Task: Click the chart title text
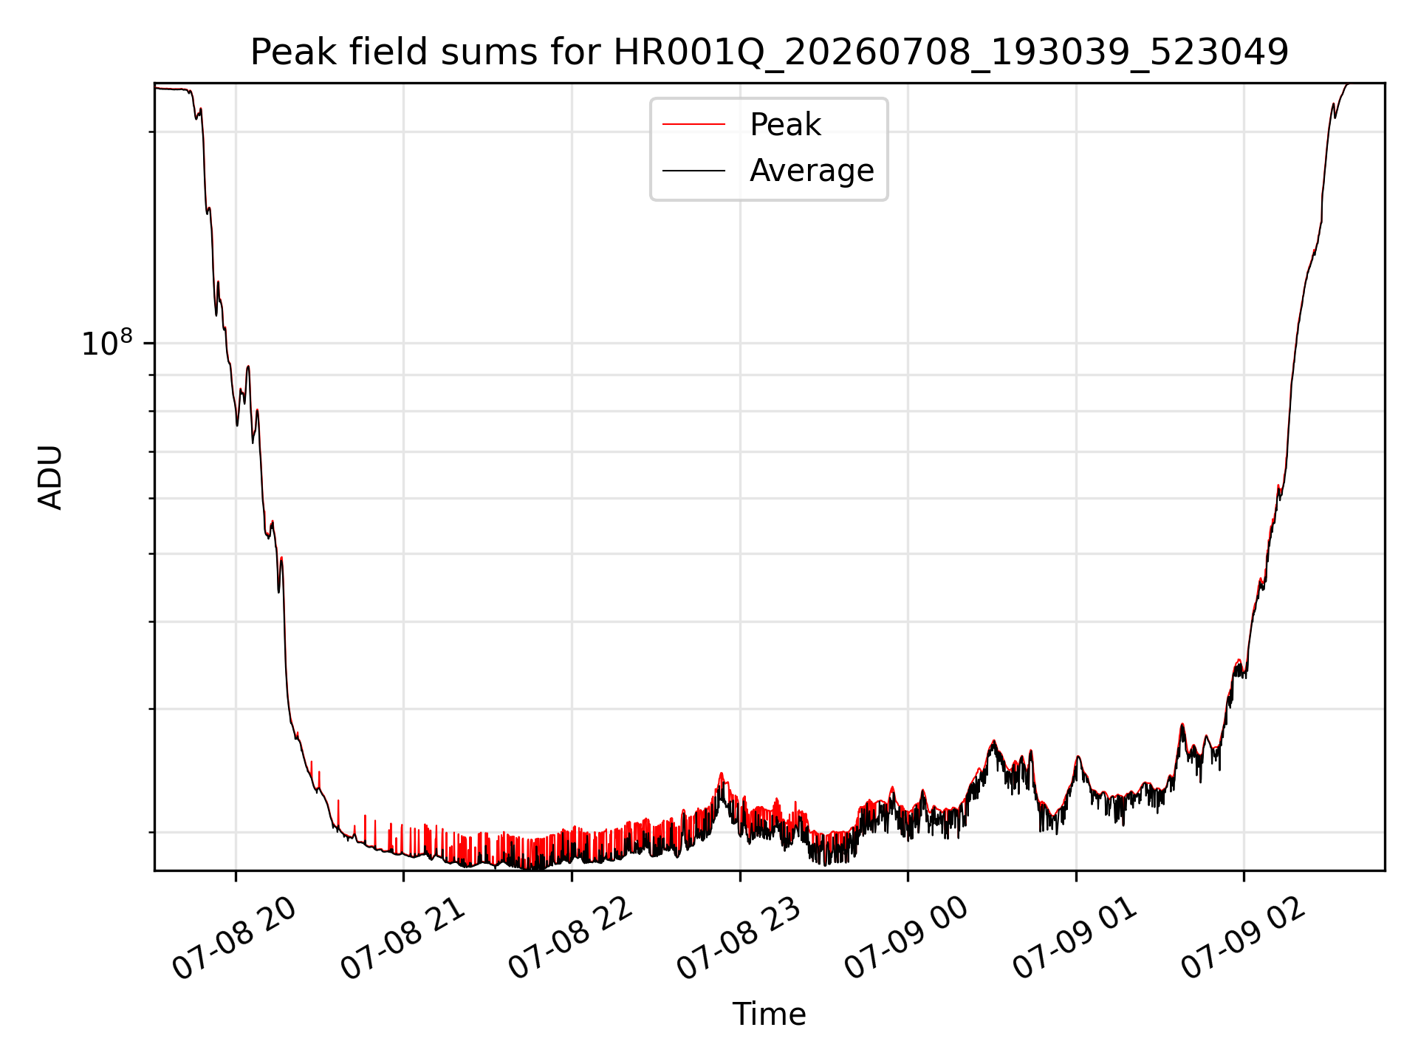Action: [x=770, y=52]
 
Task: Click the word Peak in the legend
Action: [x=785, y=125]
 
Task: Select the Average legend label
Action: [x=812, y=171]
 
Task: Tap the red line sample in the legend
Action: [x=693, y=125]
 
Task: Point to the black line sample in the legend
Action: [x=693, y=171]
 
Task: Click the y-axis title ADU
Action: [x=50, y=477]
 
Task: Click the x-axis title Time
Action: [x=769, y=1014]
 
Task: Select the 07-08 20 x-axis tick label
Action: [x=235, y=939]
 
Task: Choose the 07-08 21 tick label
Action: [x=403, y=939]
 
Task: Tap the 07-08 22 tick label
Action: [x=571, y=939]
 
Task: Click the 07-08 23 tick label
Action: [x=739, y=939]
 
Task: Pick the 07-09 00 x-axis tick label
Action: [x=907, y=939]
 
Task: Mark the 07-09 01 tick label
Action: [x=1075, y=939]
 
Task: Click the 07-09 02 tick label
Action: [x=1244, y=939]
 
